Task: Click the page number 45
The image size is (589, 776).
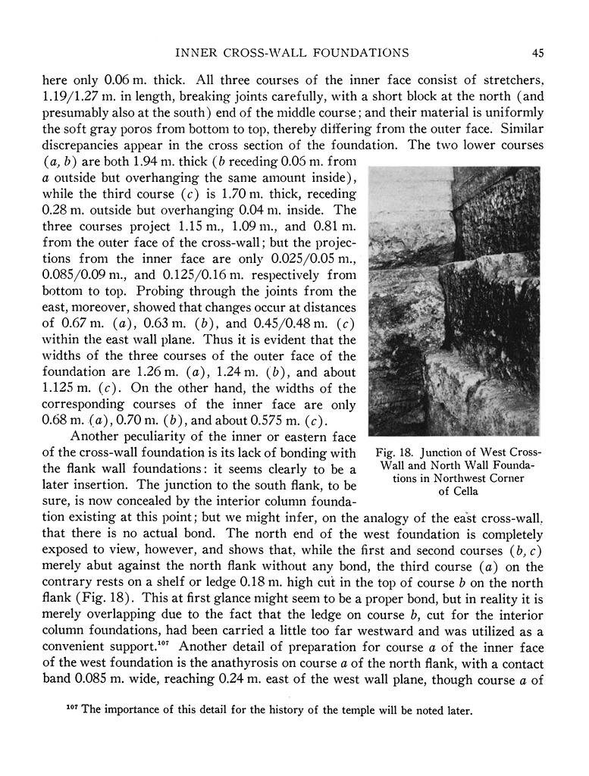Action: tap(537, 52)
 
